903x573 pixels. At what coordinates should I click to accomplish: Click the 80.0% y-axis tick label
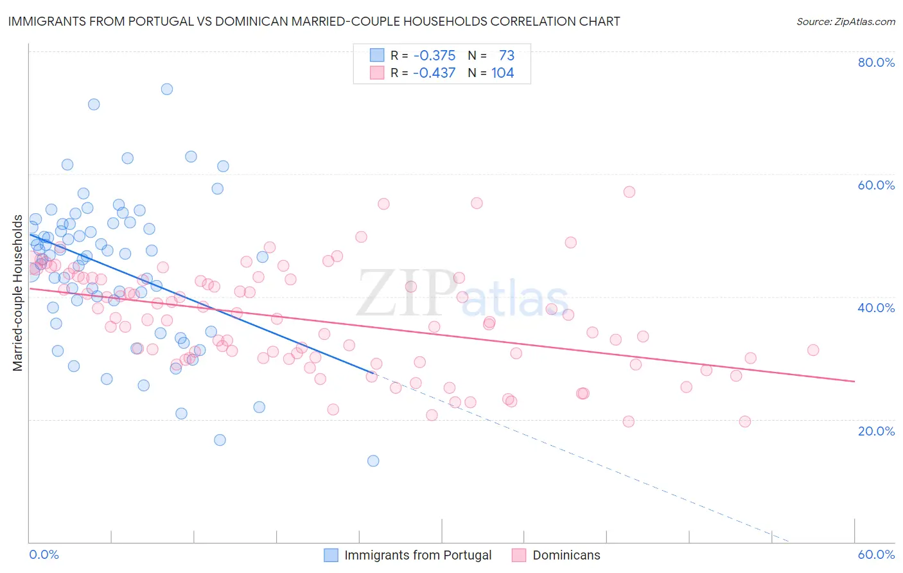click(x=876, y=62)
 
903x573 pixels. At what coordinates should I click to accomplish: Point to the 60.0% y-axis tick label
click(x=876, y=185)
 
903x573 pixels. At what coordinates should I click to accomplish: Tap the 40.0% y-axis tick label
click(x=876, y=308)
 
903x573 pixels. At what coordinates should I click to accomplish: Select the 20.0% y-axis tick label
click(x=876, y=431)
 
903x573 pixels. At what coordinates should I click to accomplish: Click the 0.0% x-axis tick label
click(x=44, y=554)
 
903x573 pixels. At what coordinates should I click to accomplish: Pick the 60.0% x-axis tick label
click(x=876, y=554)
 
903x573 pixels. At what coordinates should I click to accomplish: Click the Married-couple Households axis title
click(x=18, y=293)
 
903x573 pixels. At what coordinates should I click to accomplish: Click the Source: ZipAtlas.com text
click(x=845, y=21)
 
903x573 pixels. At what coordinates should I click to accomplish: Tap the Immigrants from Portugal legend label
click(x=417, y=555)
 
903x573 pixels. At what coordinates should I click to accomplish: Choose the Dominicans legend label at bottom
click(x=566, y=555)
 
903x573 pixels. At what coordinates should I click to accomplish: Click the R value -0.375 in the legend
click(x=434, y=55)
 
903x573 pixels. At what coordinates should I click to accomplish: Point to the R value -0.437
click(x=434, y=73)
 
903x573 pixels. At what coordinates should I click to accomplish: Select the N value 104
click(x=502, y=73)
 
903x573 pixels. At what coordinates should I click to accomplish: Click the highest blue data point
click(x=167, y=89)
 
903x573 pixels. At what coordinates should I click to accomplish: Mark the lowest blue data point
click(x=373, y=461)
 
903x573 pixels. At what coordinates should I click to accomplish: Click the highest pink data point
click(x=629, y=192)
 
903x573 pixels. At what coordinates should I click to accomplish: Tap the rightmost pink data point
click(x=813, y=350)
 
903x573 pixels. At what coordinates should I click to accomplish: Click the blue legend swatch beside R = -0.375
click(x=376, y=55)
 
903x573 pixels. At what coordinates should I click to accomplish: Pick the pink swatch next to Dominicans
click(x=519, y=555)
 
